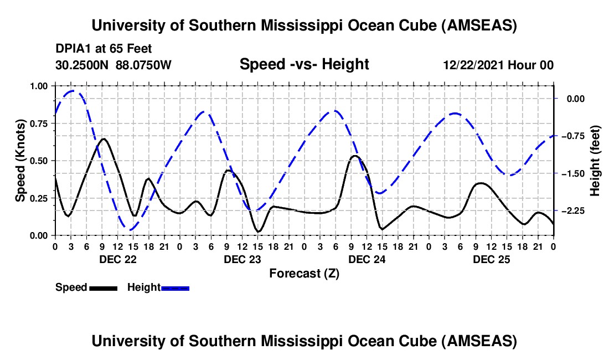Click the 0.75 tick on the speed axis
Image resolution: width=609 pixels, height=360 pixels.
pyautogui.click(x=39, y=124)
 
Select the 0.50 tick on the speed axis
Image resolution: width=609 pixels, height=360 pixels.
pyautogui.click(x=39, y=161)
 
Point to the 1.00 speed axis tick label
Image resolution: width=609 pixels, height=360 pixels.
pyautogui.click(x=39, y=86)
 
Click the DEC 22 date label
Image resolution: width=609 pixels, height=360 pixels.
pyautogui.click(x=117, y=259)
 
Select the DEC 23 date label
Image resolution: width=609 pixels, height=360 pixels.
pyautogui.click(x=242, y=259)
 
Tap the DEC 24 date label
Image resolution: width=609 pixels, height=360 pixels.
pyautogui.click(x=367, y=259)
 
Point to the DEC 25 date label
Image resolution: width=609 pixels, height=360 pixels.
pyautogui.click(x=491, y=259)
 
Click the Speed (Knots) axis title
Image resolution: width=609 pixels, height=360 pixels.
pyautogui.click(x=20, y=161)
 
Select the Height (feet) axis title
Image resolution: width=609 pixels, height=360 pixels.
pyautogui.click(x=595, y=161)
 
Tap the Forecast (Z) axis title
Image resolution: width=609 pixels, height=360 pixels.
pyautogui.click(x=304, y=273)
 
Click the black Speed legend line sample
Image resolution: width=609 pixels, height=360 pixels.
pyautogui.click(x=103, y=288)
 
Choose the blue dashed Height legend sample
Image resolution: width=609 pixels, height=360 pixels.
pyautogui.click(x=176, y=288)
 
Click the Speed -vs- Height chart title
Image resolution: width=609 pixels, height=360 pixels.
pyautogui.click(x=304, y=64)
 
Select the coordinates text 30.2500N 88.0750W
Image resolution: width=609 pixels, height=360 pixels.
pyautogui.click(x=113, y=65)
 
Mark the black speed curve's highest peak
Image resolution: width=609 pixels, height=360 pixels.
pyautogui.click(x=104, y=138)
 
